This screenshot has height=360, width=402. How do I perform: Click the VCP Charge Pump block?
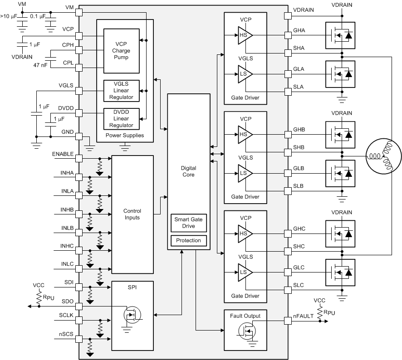(121, 51)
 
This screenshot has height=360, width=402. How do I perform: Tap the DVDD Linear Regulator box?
(121, 118)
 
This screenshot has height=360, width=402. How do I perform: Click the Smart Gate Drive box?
(188, 223)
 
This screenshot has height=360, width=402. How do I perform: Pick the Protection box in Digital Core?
(188, 240)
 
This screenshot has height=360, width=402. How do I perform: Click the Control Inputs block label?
(132, 214)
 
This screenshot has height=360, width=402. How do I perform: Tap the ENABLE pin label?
(63, 154)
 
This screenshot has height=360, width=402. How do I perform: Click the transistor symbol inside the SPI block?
(132, 314)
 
